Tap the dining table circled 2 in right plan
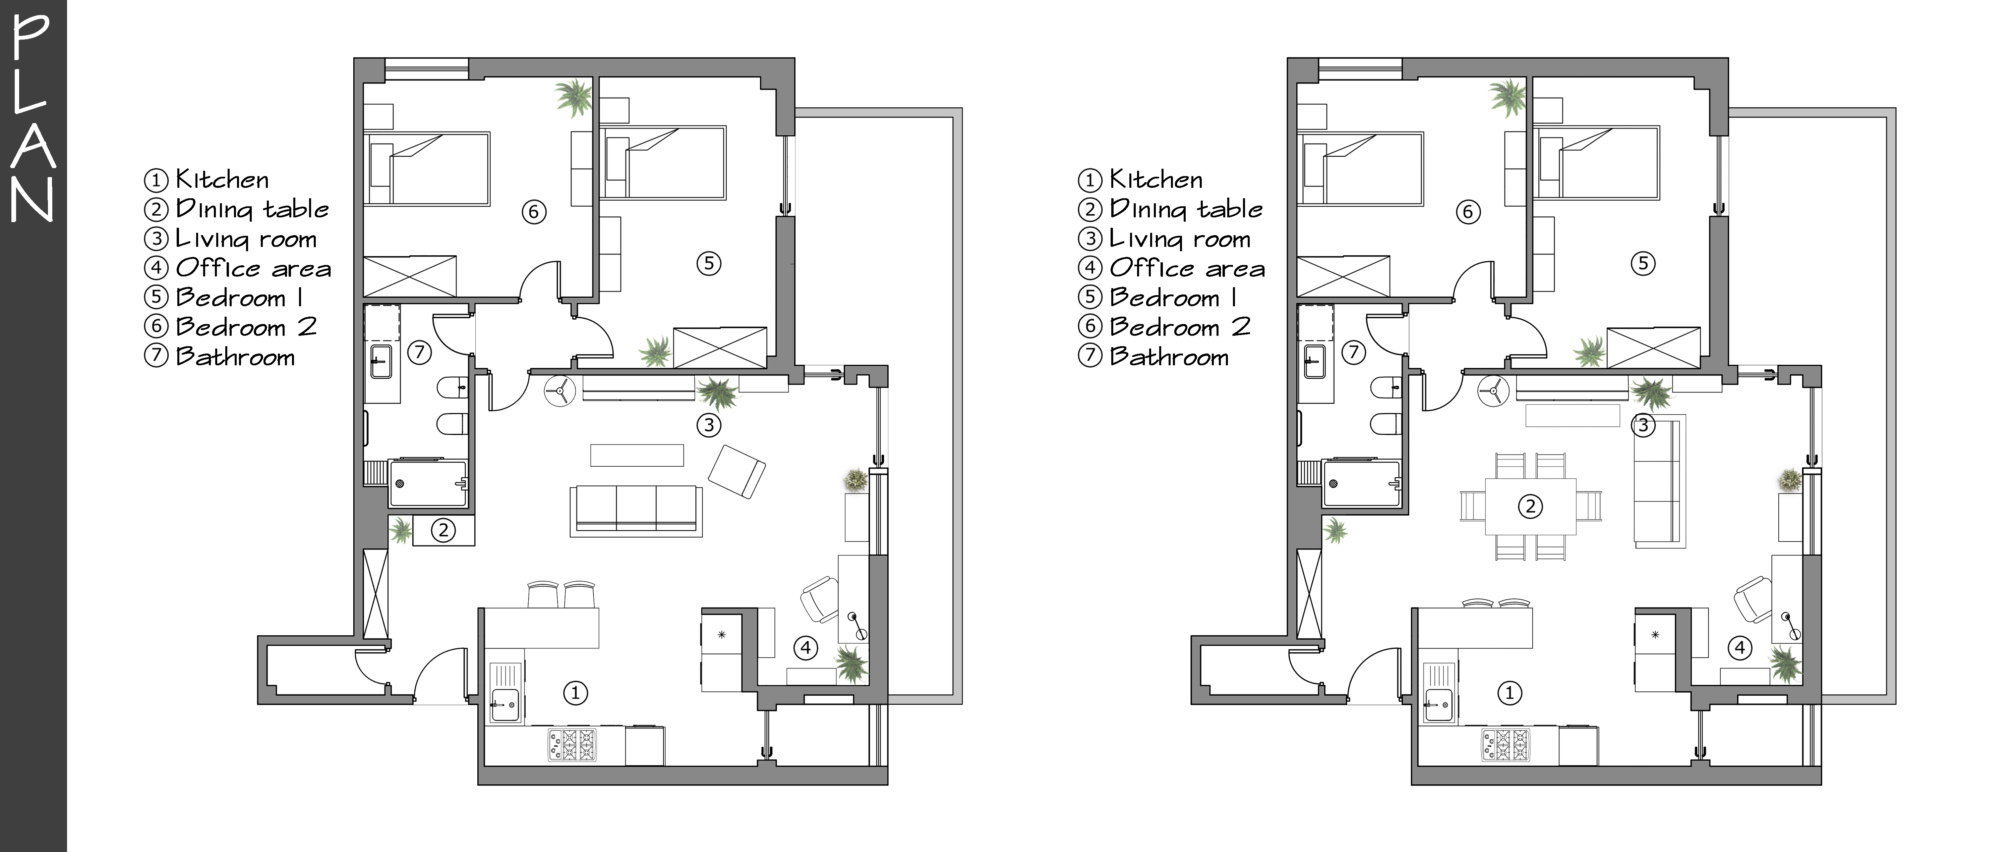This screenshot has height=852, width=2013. [1530, 507]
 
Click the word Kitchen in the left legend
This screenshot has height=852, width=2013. [222, 180]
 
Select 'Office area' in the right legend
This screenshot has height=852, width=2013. [1187, 268]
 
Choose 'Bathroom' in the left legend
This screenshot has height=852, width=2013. [235, 357]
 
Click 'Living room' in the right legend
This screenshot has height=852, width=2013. [1180, 238]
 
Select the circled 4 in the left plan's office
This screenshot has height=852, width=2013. [806, 647]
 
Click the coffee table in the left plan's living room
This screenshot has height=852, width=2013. [637, 455]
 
